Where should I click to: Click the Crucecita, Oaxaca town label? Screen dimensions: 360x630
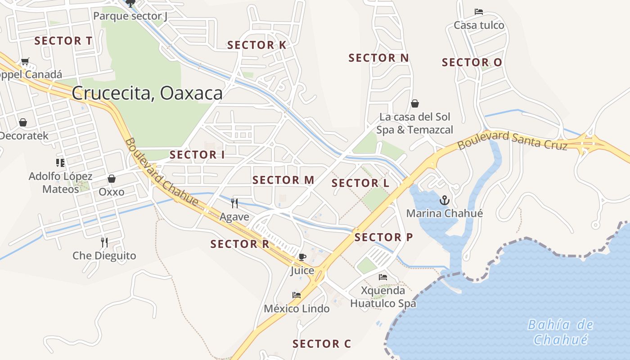[x=147, y=93]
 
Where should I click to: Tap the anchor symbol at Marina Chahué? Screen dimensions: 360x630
[x=445, y=200]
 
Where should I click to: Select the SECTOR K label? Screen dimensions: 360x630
[x=256, y=45]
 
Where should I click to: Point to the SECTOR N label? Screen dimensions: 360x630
[x=378, y=58]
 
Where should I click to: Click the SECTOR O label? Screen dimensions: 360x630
[x=472, y=63]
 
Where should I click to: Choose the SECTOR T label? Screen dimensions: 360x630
[x=63, y=41]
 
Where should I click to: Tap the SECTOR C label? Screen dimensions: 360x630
[x=321, y=344]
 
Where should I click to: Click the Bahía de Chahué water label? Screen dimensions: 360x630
[x=560, y=332]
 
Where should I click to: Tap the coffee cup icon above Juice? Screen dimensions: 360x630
[x=302, y=257]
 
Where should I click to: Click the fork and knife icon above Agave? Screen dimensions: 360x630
[x=234, y=203]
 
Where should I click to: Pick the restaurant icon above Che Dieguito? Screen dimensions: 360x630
[x=104, y=243]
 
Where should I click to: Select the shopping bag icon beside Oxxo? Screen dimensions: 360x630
[x=112, y=179]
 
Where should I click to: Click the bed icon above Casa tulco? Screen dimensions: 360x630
[x=479, y=12]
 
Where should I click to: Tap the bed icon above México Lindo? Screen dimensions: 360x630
[x=297, y=295]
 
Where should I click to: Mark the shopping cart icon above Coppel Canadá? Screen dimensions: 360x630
[x=25, y=61]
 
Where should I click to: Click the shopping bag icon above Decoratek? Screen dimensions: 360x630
[x=23, y=122]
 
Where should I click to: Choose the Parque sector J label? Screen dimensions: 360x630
[x=130, y=17]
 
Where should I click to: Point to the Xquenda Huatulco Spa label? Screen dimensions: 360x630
[x=383, y=297]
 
